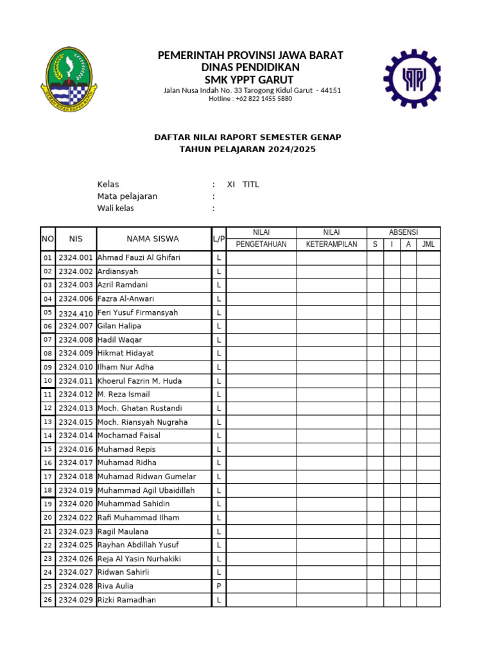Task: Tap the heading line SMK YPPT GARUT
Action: (250, 80)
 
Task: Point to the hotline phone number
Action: (250, 99)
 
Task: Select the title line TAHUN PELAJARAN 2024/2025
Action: (247, 149)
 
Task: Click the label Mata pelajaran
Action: (127, 196)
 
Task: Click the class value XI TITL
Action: (243, 185)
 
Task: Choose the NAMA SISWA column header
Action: (153, 239)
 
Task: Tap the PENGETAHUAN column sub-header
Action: (261, 244)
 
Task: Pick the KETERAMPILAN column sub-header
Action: (331, 244)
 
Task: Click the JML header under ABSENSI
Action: (428, 244)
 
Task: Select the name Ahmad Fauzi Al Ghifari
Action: (139, 258)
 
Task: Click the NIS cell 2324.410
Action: (76, 313)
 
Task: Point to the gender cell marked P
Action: (219, 586)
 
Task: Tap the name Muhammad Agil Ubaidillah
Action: (146, 491)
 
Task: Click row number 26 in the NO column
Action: (48, 601)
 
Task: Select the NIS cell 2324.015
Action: (76, 422)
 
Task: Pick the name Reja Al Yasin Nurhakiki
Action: (139, 559)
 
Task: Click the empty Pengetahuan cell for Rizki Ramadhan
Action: (261, 601)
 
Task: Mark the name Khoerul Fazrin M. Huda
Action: (139, 381)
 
